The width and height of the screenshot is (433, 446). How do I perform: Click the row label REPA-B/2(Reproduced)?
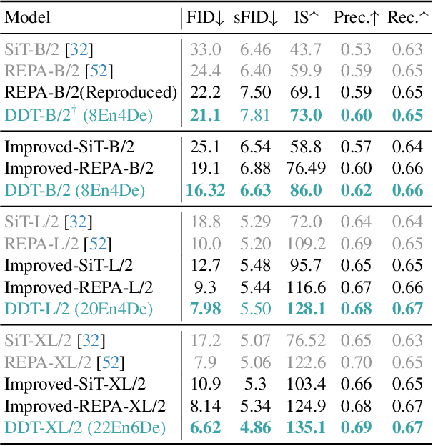pyautogui.click(x=91, y=92)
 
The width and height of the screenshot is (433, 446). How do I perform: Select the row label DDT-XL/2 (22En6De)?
pyautogui.click(x=85, y=427)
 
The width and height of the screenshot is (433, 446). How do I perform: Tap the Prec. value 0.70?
pyautogui.click(x=355, y=363)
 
